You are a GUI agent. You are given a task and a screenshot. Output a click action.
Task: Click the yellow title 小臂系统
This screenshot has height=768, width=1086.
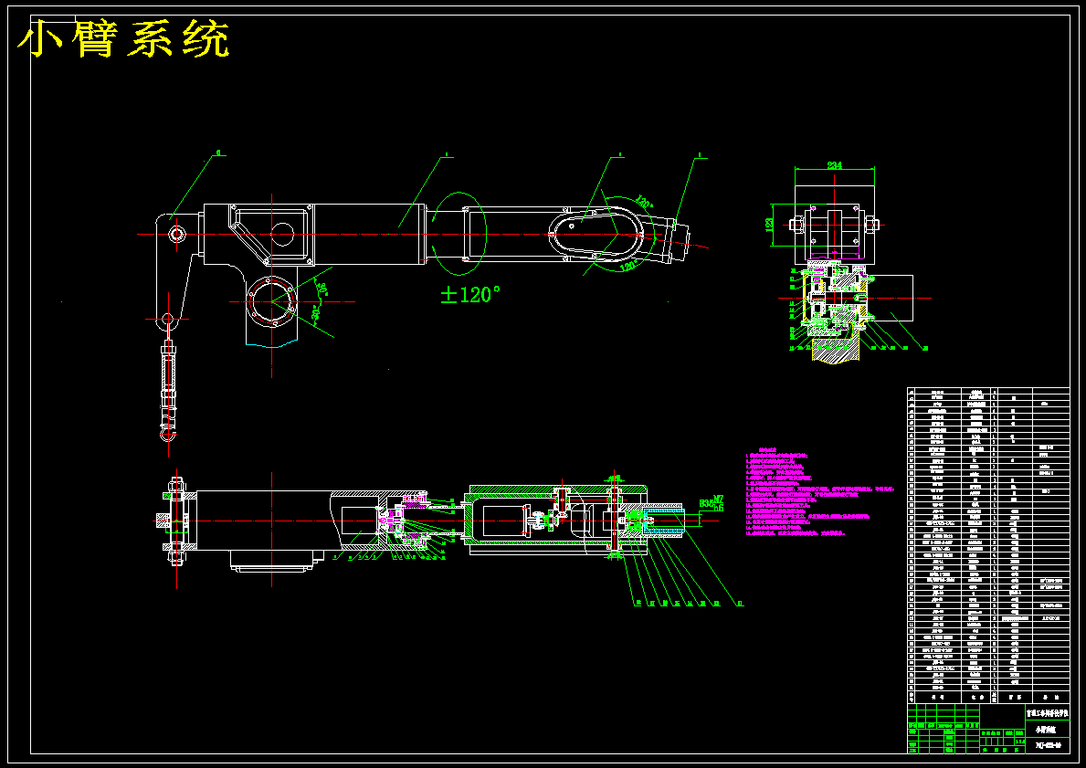pos(123,39)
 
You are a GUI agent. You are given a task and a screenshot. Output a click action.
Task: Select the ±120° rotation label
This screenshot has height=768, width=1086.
pos(470,295)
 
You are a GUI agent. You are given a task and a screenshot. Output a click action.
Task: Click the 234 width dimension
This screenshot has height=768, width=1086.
pos(833,165)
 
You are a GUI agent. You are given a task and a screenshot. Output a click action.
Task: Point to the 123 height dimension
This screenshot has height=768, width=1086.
pos(769,223)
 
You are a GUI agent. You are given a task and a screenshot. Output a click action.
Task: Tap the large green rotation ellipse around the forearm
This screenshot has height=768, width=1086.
pos(459,234)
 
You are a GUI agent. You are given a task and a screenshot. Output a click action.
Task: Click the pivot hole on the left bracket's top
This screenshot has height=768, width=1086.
pos(177,235)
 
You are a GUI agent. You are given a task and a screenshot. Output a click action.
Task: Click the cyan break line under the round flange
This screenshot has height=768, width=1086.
pos(271,345)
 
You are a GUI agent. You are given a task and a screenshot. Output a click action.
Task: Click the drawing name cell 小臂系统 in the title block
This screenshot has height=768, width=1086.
pos(1042,729)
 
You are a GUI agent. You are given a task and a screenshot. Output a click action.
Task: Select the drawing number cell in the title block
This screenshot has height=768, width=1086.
pos(1042,745)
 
